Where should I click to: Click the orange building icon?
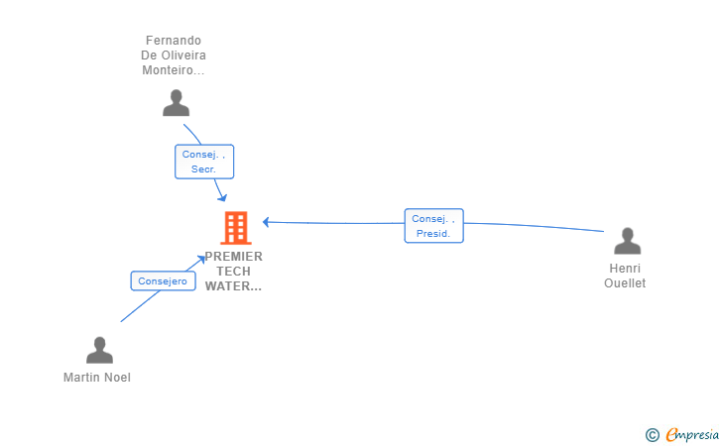pyautogui.click(x=235, y=228)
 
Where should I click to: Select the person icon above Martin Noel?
pyautogui.click(x=99, y=350)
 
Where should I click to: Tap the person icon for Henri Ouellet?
pyautogui.click(x=627, y=241)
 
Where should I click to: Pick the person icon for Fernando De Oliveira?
pyautogui.click(x=176, y=102)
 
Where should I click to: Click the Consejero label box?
pyautogui.click(x=163, y=280)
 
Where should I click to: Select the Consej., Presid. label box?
pyautogui.click(x=433, y=226)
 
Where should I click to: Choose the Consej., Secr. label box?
pyautogui.click(x=204, y=162)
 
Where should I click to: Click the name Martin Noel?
pyautogui.click(x=97, y=378)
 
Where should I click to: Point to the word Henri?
pyautogui.click(x=625, y=269)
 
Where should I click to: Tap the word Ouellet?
pyautogui.click(x=625, y=283)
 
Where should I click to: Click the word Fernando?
pyautogui.click(x=174, y=41)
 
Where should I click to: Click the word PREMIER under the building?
pyautogui.click(x=234, y=257)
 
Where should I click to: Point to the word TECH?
pyautogui.click(x=234, y=272)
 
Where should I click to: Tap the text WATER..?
pyautogui.click(x=232, y=286)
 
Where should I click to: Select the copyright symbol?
pyautogui.click(x=652, y=434)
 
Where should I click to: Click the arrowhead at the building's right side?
pyautogui.click(x=266, y=222)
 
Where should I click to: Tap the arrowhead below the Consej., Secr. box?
pyautogui.click(x=223, y=197)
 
